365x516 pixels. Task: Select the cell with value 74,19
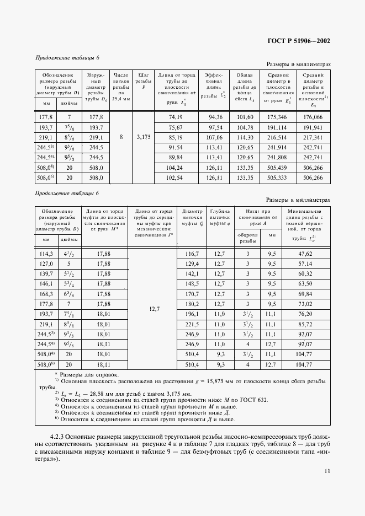[x=176, y=117]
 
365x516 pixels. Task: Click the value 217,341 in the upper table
[x=313, y=137]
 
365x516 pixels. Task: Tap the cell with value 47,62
[x=305, y=254]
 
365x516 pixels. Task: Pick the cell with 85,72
[x=305, y=324]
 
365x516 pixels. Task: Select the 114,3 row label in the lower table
[x=46, y=254]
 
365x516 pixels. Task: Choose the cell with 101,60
[x=245, y=117]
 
